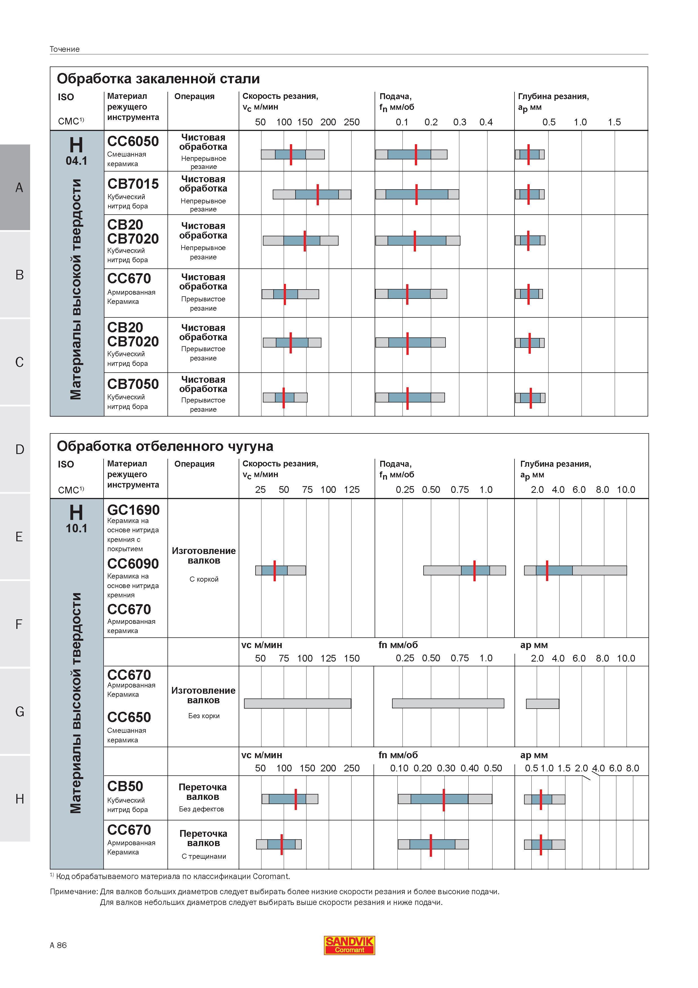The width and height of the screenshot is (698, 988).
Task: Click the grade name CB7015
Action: click(133, 184)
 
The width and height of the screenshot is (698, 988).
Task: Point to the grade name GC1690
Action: click(133, 510)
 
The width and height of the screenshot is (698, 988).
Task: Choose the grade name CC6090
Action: click(133, 564)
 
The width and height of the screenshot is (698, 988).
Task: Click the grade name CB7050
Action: click(133, 384)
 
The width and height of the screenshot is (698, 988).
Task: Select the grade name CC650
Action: click(129, 717)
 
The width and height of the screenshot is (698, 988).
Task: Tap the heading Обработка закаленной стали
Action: click(158, 79)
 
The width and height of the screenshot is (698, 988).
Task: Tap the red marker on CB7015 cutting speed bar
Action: click(317, 195)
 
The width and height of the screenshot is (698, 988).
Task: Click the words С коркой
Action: click(204, 579)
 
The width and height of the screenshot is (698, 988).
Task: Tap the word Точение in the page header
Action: click(64, 49)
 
